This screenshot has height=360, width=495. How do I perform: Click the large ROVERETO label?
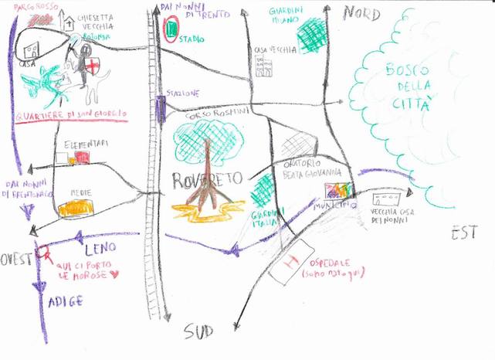207,180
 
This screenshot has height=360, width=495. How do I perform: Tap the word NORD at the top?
361,12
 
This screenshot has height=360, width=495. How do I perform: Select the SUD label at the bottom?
198,331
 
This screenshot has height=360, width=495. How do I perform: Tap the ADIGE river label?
64,301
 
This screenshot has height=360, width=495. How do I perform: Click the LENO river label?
99,248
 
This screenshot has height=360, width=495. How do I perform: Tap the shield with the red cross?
92,67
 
